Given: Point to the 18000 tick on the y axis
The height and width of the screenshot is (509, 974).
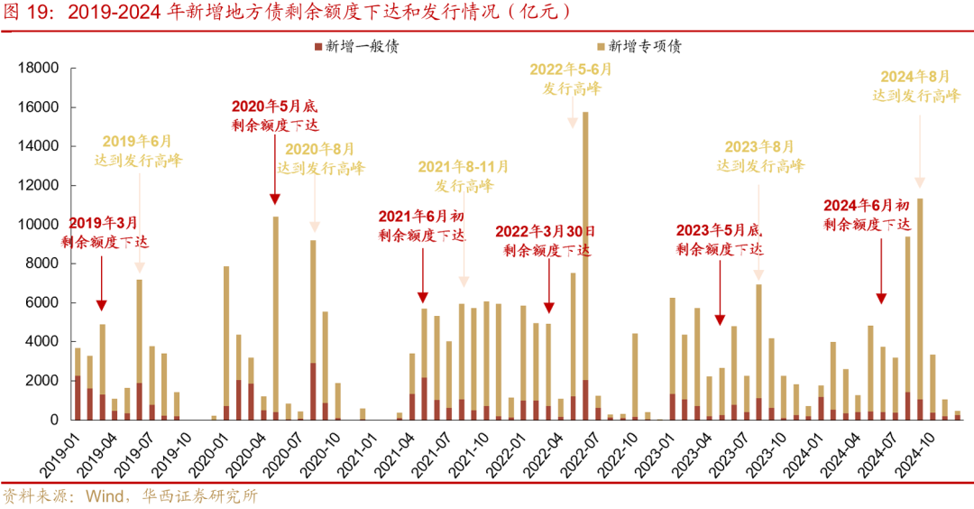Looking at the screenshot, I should (39, 69).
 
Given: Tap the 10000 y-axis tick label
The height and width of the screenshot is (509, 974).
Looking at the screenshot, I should (39, 225).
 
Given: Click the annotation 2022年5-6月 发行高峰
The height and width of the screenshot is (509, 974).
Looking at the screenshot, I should (571, 79).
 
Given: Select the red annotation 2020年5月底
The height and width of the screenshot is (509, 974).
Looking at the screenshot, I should (275, 116).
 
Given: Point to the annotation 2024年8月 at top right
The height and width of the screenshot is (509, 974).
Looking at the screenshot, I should (915, 86).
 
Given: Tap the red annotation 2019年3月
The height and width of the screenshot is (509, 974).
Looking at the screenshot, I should (104, 232).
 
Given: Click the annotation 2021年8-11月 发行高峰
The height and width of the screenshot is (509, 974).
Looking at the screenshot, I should (464, 176).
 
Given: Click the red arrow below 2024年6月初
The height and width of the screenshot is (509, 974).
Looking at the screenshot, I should (881, 283).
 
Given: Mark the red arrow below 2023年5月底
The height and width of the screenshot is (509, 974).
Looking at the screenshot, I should (720, 307).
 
